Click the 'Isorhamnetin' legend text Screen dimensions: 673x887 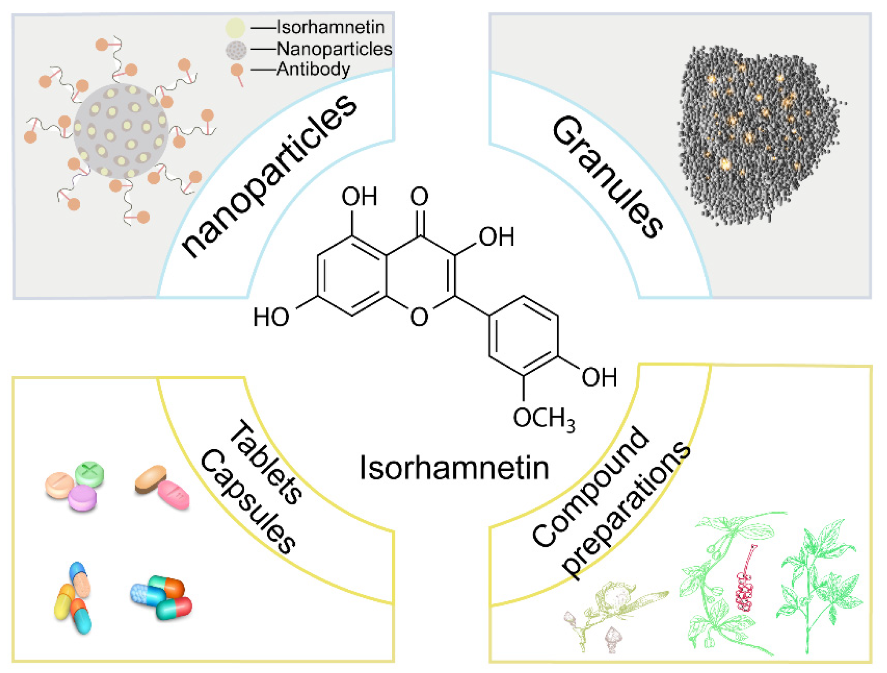pos(330,27)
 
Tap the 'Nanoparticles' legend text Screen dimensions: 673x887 pos(334,49)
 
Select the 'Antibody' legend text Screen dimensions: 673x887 pos(313,69)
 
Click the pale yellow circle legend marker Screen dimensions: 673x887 pos(235,27)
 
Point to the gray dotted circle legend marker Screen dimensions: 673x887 pos(236,50)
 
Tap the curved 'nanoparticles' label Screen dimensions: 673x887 pos(269,176)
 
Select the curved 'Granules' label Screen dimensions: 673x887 pos(607,177)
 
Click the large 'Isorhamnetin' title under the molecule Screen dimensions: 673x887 pos(454,468)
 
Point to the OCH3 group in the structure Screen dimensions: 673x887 pos(544,418)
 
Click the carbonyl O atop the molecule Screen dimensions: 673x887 pos(419,196)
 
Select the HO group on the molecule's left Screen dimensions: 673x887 pos(271,317)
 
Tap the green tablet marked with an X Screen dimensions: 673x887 pos(89,473)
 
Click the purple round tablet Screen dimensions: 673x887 pos(82,498)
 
